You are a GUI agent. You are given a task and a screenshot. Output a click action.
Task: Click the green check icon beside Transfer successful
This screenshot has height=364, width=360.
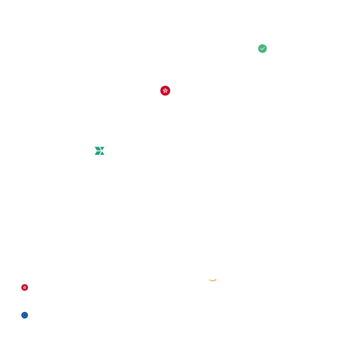tap(262, 49)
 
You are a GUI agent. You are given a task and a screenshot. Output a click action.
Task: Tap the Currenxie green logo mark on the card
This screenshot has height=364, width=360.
tap(99, 151)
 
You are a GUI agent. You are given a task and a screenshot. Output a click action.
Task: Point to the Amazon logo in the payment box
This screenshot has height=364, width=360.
tap(213, 277)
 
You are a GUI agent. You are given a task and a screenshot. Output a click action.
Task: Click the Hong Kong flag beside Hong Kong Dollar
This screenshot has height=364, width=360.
tap(25, 287)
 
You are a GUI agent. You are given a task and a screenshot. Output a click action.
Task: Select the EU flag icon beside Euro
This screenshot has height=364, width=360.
tap(25, 315)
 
